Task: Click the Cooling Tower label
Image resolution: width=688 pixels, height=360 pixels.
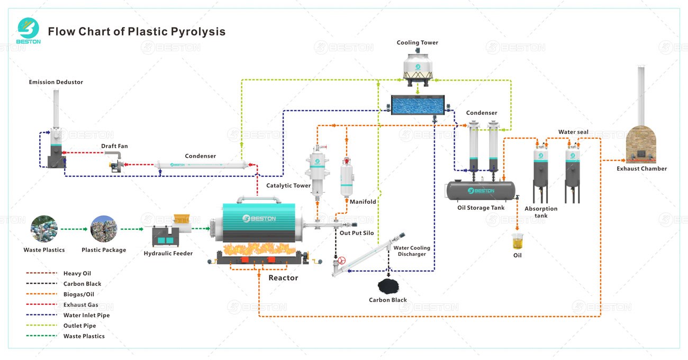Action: pos(418,43)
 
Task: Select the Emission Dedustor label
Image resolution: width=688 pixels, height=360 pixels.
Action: pos(56,82)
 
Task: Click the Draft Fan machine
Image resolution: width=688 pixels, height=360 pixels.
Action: pos(115,161)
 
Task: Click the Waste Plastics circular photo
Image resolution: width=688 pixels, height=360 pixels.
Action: pos(44,229)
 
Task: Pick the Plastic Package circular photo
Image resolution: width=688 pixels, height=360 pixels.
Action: pos(104,229)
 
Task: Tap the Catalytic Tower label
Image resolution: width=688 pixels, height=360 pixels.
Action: pos(288,186)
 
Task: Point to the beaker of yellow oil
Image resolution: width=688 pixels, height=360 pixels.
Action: pos(517,242)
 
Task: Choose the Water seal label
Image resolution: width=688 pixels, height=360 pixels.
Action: pos(573,132)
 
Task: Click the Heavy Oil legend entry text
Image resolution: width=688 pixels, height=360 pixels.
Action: pos(77,273)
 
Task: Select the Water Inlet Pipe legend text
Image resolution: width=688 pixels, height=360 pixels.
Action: pos(87,315)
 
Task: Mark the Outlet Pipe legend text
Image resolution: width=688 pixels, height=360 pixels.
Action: pos(80,326)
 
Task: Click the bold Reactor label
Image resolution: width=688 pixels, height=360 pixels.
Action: pos(283,278)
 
